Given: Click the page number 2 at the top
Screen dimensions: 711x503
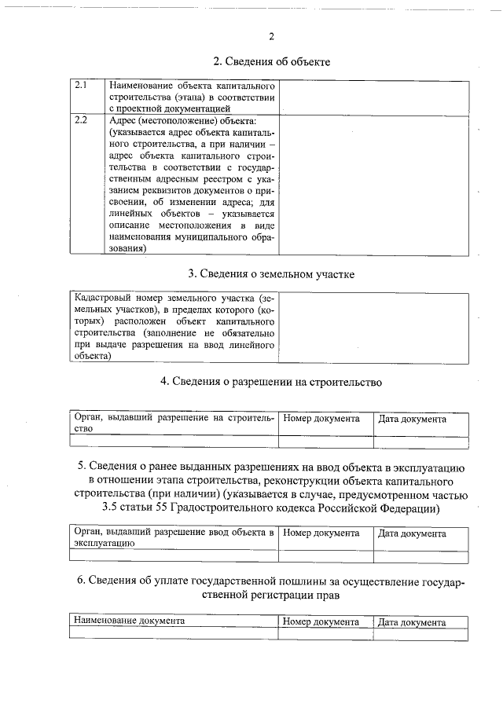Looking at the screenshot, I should [270, 35].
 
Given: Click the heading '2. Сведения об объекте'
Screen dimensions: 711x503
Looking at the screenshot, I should [271, 61].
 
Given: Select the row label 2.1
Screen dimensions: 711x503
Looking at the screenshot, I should [80, 85].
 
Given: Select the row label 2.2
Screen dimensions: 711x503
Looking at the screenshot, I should [80, 121].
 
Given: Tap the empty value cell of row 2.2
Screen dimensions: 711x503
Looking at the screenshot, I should [375, 185].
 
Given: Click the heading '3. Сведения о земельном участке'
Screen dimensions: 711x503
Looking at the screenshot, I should [271, 274].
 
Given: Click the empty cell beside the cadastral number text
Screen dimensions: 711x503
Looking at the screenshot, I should [375, 328].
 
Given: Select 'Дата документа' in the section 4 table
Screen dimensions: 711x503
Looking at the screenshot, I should [412, 419].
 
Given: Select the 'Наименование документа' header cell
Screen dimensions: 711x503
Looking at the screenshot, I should [129, 621].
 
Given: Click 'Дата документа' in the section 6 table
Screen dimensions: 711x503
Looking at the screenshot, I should [412, 621].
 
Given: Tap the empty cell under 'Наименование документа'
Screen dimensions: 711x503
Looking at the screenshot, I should [174, 633].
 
